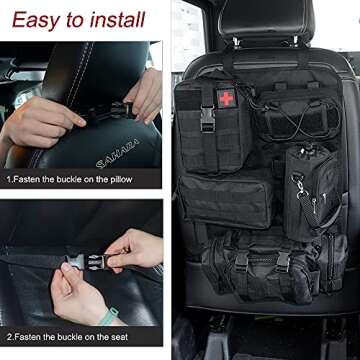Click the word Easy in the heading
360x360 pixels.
(x=38, y=19)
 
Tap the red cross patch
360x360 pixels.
(x=226, y=97)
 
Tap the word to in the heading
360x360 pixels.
(x=77, y=19)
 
